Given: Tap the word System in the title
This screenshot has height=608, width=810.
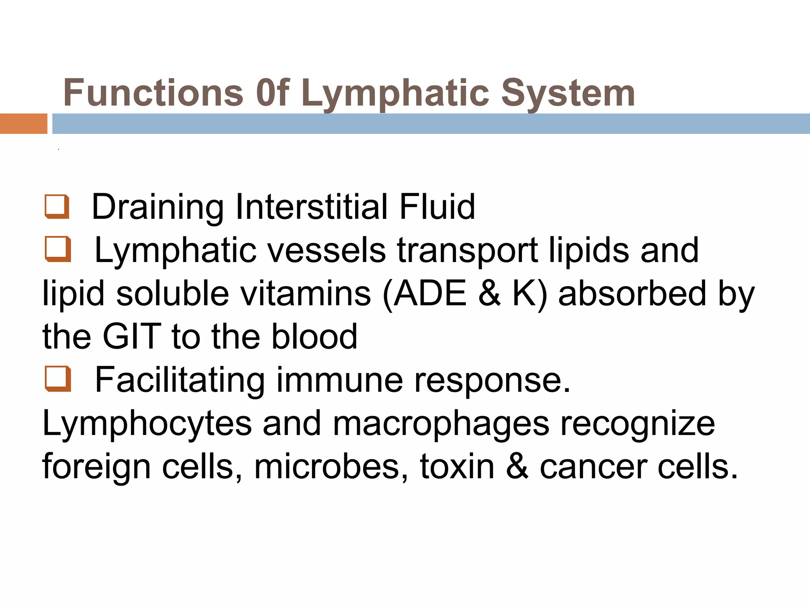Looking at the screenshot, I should point(568,93).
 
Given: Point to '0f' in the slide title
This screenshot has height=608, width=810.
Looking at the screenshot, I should point(273,93).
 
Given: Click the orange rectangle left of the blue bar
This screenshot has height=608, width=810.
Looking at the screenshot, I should point(23,123).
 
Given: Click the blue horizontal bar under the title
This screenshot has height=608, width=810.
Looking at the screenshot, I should point(431,123).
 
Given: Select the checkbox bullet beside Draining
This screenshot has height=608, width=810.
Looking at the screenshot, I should point(57,206).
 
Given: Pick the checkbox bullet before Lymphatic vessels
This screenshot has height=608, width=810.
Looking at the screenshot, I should point(58,249).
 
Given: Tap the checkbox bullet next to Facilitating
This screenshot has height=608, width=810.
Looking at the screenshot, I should point(58,379).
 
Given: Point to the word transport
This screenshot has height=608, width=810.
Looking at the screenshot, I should point(467,251).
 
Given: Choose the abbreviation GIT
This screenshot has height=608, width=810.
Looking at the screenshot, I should point(132,336).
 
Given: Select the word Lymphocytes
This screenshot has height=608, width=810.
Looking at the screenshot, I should point(147,424).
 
